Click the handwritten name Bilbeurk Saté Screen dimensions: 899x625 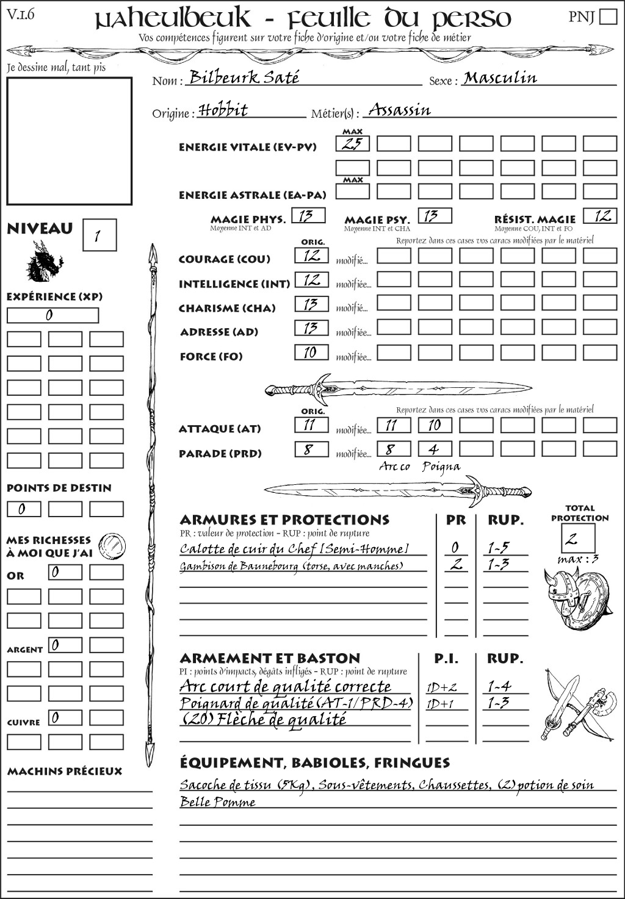coord(244,77)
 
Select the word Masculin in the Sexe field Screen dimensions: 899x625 coord(500,77)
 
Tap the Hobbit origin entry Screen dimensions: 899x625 coord(223,110)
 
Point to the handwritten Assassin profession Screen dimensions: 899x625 coord(400,110)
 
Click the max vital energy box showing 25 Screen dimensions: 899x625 coord(353,144)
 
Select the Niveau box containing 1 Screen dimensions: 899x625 coord(99,235)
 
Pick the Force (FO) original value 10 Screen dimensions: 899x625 coord(311,353)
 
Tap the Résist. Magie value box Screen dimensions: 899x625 coord(600,216)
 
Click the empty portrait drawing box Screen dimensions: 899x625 coord(69,141)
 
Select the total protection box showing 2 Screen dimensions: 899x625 coord(578,538)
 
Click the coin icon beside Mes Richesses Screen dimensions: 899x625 coord(112,545)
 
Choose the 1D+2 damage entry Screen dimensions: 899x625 coord(441,687)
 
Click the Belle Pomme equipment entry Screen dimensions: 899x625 coord(217,802)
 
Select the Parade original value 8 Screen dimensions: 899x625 coord(311,450)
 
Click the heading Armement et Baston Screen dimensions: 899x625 coord(270,658)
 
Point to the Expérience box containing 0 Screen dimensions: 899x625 coord(52,315)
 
